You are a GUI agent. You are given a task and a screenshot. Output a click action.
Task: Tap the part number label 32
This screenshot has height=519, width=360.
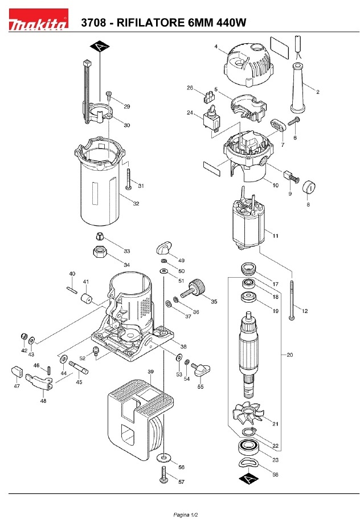[x=136, y=203]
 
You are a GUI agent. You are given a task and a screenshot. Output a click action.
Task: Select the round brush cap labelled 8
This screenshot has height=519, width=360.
[x=309, y=187]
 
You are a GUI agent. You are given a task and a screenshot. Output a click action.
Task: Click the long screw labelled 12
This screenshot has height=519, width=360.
[x=292, y=296]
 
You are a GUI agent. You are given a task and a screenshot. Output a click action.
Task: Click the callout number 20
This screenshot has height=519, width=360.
[x=289, y=355]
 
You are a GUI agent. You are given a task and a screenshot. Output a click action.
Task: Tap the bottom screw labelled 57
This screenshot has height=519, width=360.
[x=165, y=473]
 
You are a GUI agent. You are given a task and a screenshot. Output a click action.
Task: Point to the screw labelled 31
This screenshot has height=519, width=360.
[x=129, y=179]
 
